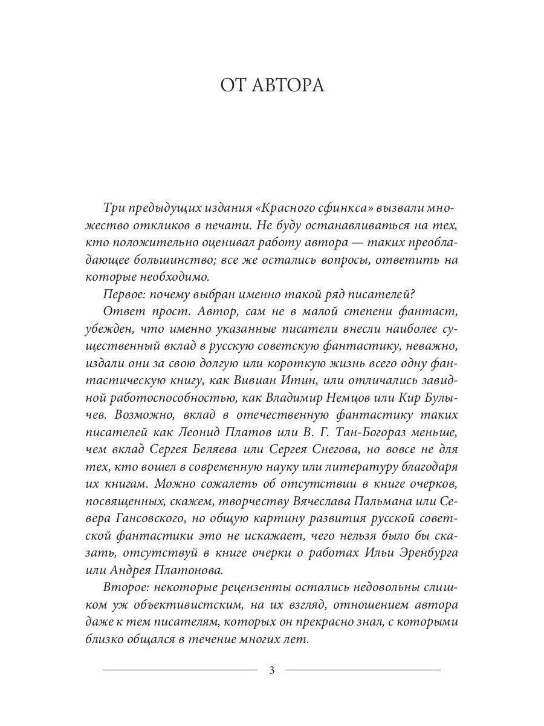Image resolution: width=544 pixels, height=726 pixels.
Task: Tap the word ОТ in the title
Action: pos(233,84)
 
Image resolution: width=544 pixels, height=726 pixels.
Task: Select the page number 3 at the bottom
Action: pos(271,670)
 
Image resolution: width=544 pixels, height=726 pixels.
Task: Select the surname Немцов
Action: pos(364,398)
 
